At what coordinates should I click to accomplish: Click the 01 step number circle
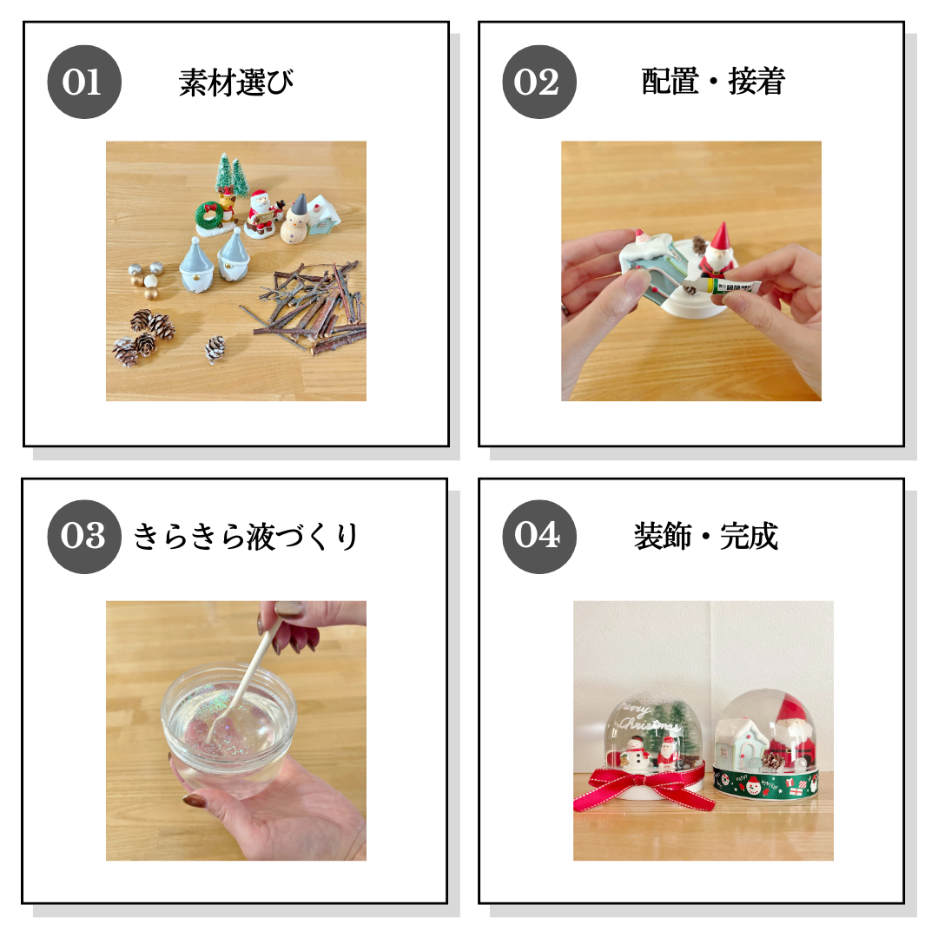[x=84, y=82]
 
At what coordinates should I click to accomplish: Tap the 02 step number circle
[x=539, y=82]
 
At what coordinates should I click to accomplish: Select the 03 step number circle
[x=84, y=537]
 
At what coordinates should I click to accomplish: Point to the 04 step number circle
[x=539, y=537]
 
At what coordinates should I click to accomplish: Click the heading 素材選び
[x=236, y=83]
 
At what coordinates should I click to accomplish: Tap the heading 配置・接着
[x=713, y=82]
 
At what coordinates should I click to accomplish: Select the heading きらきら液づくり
[x=245, y=536]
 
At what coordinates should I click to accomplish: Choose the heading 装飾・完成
[x=706, y=536]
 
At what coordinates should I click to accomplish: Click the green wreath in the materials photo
[x=209, y=215]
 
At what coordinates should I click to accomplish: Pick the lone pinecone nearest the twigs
[x=215, y=349]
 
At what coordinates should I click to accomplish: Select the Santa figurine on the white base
[x=718, y=250]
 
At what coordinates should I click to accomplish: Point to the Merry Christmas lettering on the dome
[x=646, y=718]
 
